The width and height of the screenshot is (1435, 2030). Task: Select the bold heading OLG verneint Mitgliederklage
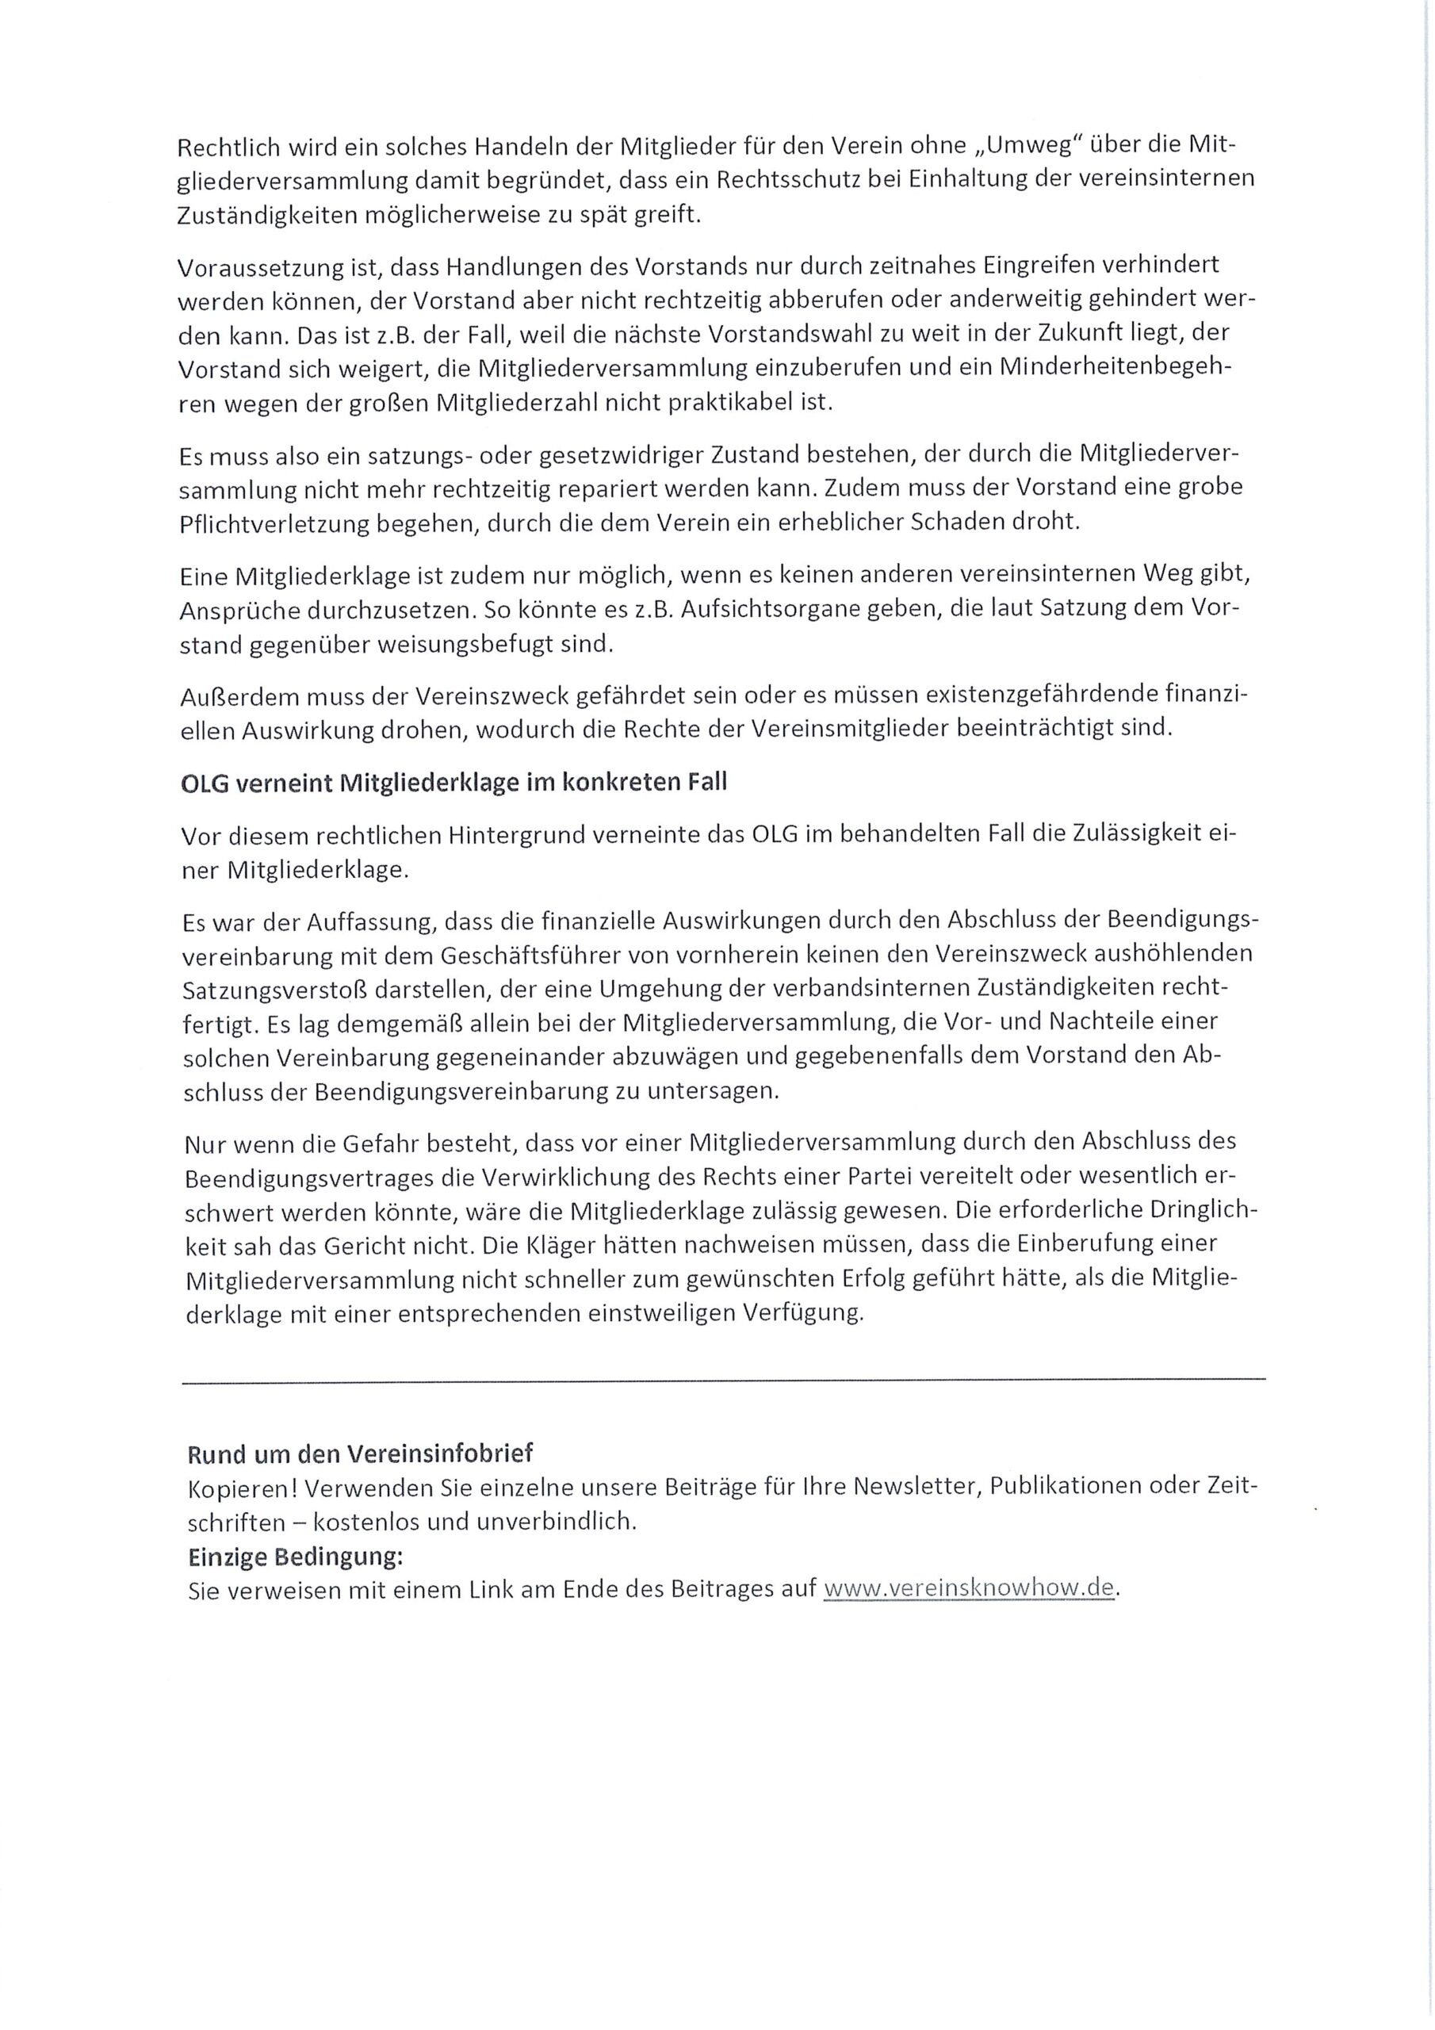click(453, 784)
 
